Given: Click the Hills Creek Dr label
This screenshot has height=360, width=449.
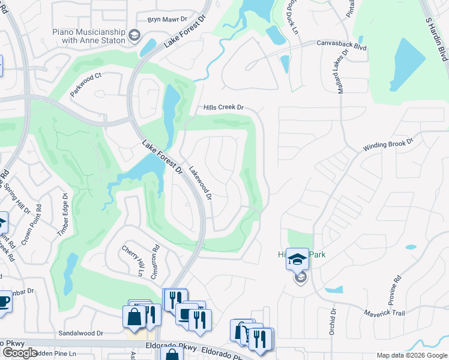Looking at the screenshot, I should pos(223,107).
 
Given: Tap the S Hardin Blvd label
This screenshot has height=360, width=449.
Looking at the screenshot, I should pos(438,38).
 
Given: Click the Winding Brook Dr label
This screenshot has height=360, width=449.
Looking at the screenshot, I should pos(389,146).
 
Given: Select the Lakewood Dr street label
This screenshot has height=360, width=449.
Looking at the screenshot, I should pos(200,183).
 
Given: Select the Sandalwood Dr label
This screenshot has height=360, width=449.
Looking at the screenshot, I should pos(80,333).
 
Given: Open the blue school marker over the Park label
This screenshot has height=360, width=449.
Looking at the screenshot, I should pos(297,259).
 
